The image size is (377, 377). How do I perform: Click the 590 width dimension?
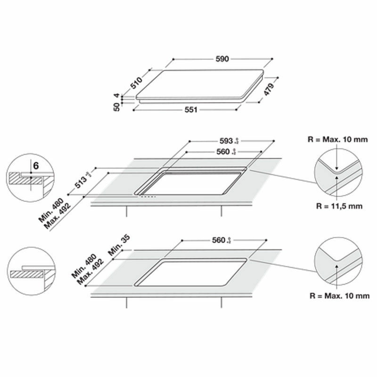pos(222,59)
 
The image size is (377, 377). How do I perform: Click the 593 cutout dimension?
pos(227,141)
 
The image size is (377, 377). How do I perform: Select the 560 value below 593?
pos(223,152)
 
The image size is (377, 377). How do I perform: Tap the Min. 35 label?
pos(121,245)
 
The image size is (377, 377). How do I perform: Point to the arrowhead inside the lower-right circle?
pos(338,264)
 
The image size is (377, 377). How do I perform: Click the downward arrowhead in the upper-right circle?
pos(338,168)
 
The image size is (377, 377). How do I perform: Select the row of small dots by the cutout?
pos(148,197)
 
